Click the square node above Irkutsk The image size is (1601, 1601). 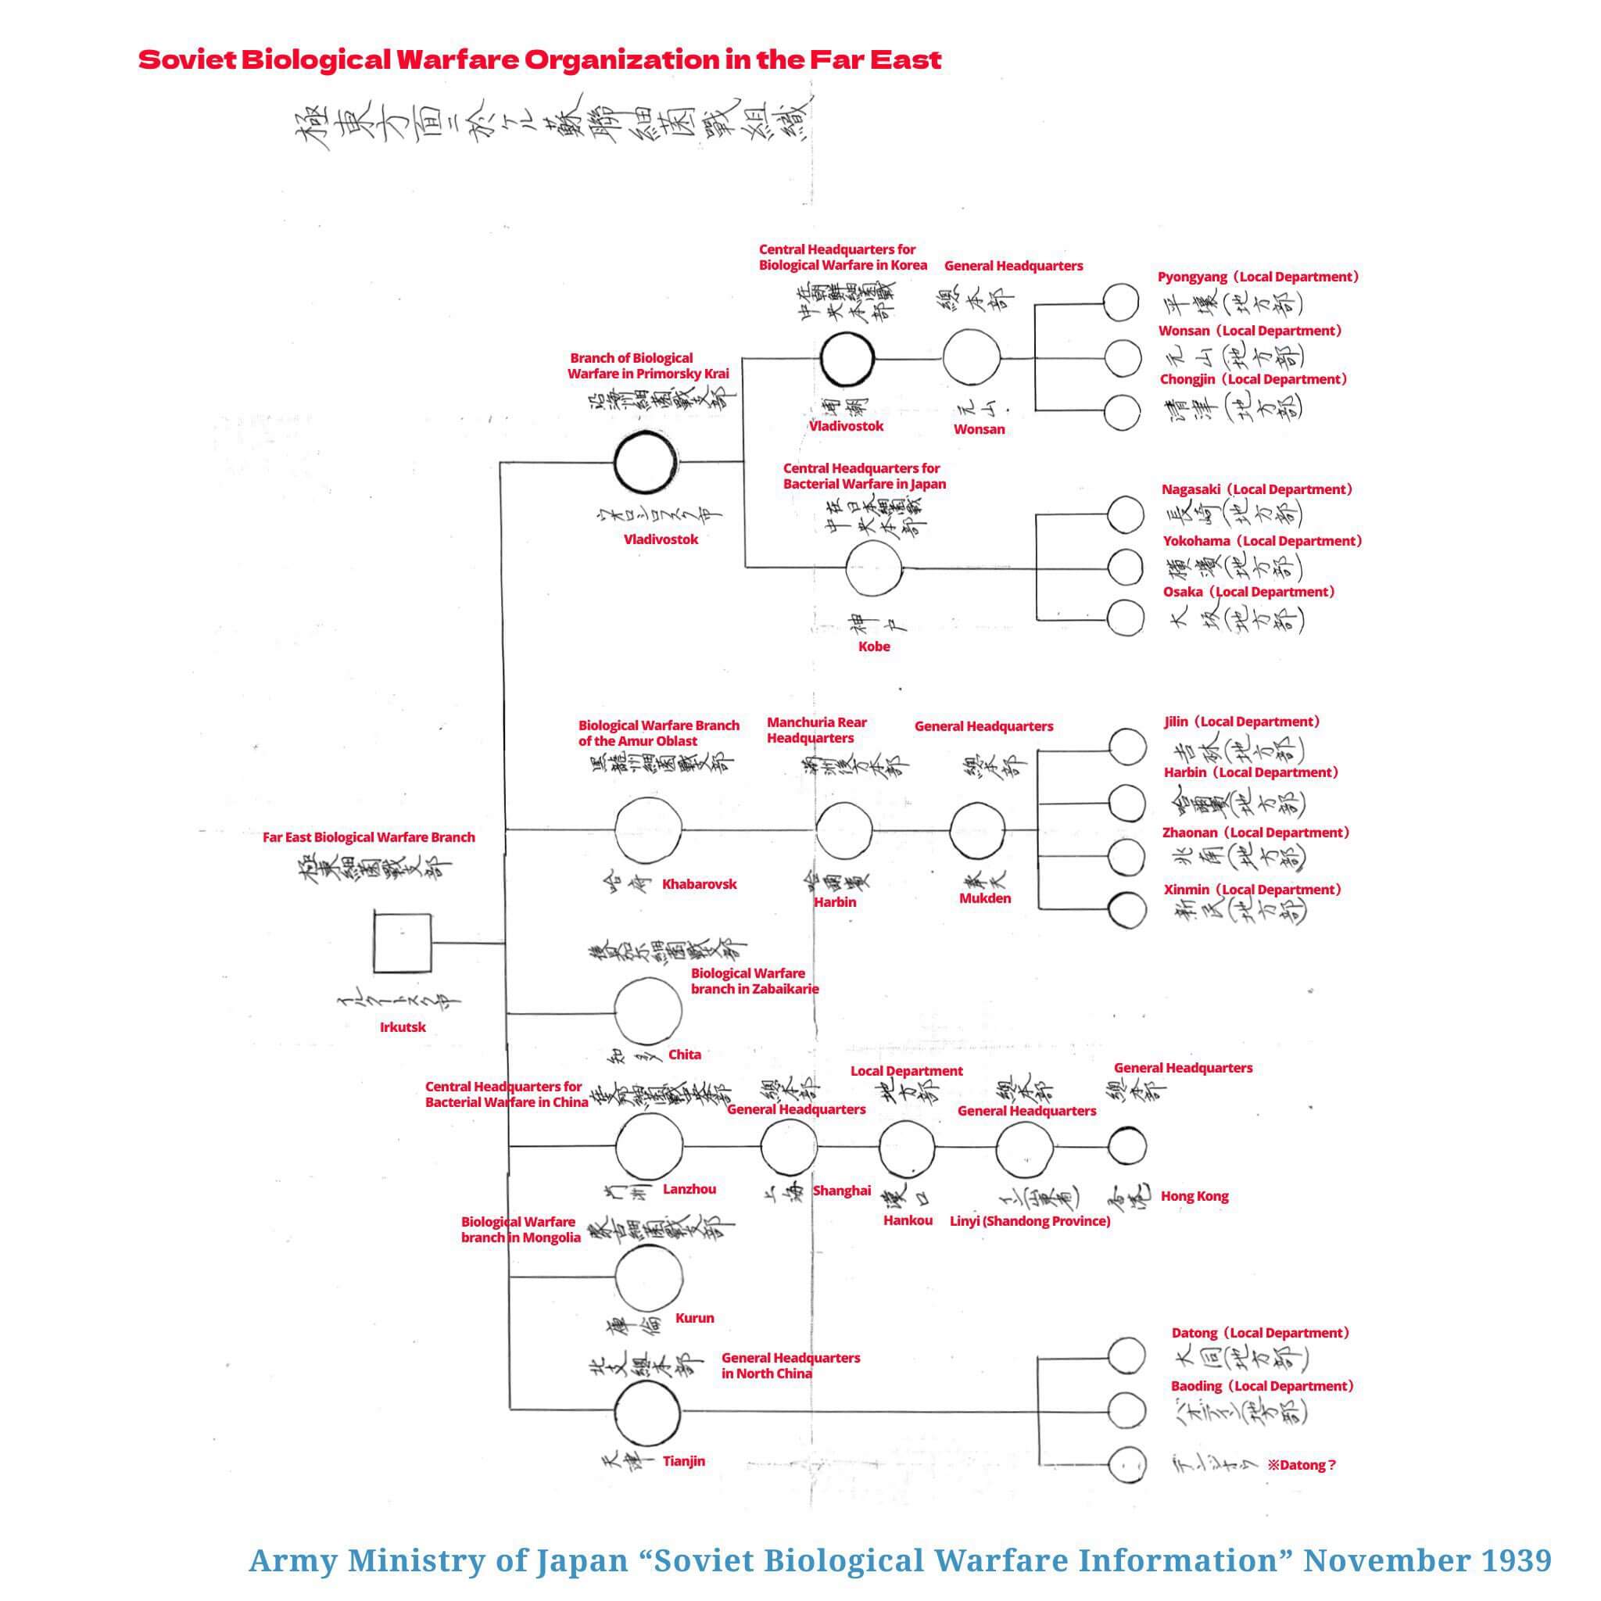[x=402, y=942]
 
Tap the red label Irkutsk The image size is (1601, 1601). [x=403, y=1027]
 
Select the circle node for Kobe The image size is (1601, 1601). [x=873, y=569]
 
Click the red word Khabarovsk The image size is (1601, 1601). [x=699, y=884]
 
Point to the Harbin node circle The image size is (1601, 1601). [x=843, y=829]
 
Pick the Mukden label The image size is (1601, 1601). [x=984, y=898]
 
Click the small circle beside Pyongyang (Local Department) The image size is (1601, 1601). [x=1121, y=303]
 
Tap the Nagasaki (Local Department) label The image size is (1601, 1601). [x=1257, y=489]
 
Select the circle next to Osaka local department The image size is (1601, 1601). [x=1126, y=618]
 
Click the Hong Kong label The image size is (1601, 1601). [x=1194, y=1197]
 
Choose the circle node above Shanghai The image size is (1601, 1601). [x=788, y=1147]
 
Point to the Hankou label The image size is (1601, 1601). [x=908, y=1220]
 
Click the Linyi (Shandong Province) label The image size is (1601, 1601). [x=1030, y=1222]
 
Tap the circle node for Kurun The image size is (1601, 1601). [x=649, y=1277]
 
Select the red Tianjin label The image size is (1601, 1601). [x=684, y=1461]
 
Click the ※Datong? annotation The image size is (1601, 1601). [x=1301, y=1465]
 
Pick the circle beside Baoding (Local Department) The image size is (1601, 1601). [x=1126, y=1409]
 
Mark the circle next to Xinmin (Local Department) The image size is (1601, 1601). [x=1127, y=910]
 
